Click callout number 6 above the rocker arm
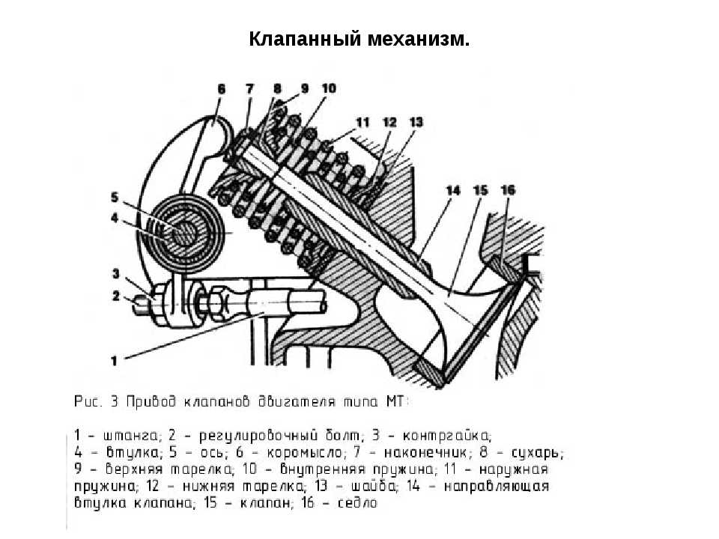222,89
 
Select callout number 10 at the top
329,88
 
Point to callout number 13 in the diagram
416,122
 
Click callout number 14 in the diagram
453,191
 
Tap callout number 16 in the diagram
508,189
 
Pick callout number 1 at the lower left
114,361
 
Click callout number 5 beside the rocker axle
114,198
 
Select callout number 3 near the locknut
115,274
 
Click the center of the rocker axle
185,234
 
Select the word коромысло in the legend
305,453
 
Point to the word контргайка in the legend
446,436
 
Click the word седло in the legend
357,503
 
